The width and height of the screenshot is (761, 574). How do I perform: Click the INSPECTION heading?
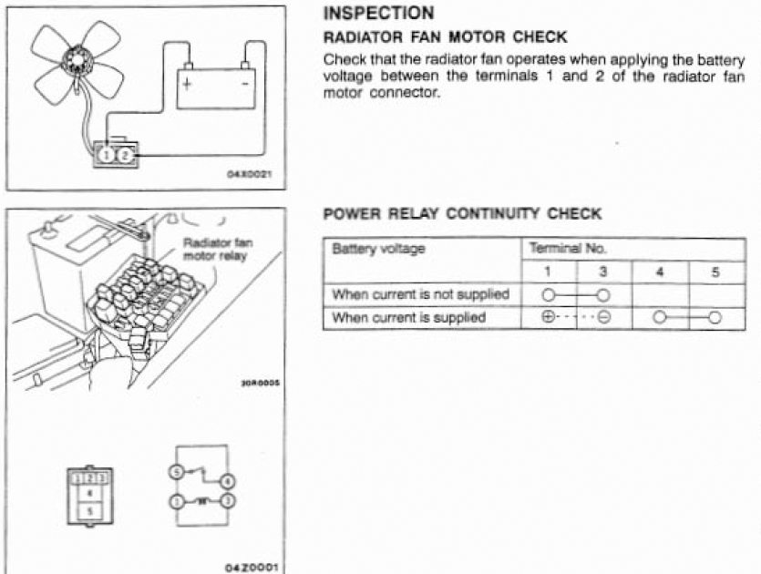click(x=378, y=13)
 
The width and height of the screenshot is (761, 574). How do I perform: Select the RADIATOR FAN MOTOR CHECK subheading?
click(x=445, y=36)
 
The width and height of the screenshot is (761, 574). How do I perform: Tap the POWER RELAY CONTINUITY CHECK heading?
click(x=462, y=213)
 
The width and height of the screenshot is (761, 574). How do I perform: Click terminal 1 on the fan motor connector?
click(x=108, y=155)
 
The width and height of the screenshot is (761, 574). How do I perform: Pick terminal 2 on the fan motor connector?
click(x=125, y=155)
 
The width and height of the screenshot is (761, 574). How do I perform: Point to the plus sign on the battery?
click(x=187, y=84)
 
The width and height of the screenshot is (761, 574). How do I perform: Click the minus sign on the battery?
click(x=245, y=84)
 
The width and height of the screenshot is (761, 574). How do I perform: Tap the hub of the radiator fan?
click(x=77, y=60)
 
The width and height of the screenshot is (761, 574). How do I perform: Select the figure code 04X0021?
click(x=250, y=174)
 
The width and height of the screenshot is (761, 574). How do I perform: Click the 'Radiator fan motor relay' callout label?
click(x=218, y=249)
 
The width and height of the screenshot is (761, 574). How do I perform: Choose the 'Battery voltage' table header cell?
click(x=378, y=249)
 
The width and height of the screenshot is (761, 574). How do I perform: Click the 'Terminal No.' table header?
click(x=568, y=249)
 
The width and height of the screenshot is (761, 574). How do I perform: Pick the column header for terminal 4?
click(x=659, y=272)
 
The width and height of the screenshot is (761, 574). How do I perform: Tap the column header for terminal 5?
click(x=715, y=272)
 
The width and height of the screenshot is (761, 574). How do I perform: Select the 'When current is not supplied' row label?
click(x=420, y=294)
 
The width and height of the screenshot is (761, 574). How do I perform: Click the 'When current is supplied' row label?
click(x=408, y=317)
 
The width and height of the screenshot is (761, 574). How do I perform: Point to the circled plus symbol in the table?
click(x=548, y=317)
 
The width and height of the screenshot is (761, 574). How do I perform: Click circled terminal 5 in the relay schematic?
click(x=177, y=472)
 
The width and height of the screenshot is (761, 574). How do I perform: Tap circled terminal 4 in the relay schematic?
click(x=228, y=482)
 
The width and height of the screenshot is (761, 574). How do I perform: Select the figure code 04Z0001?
click(x=252, y=568)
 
